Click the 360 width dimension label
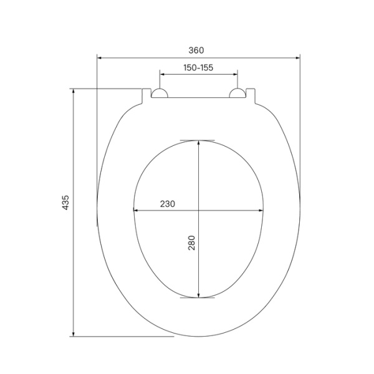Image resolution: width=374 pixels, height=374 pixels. click(198, 50)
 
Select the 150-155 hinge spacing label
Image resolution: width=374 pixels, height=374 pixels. click(198, 67)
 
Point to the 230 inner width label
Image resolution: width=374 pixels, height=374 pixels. click(167, 204)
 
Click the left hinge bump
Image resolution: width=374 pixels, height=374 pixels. click(160, 93)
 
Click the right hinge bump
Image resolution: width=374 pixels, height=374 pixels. click(237, 93)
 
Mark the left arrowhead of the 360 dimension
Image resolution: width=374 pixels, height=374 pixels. click(100, 58)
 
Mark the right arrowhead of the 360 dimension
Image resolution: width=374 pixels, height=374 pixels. click(297, 58)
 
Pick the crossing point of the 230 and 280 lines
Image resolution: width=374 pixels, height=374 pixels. click(198, 211)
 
